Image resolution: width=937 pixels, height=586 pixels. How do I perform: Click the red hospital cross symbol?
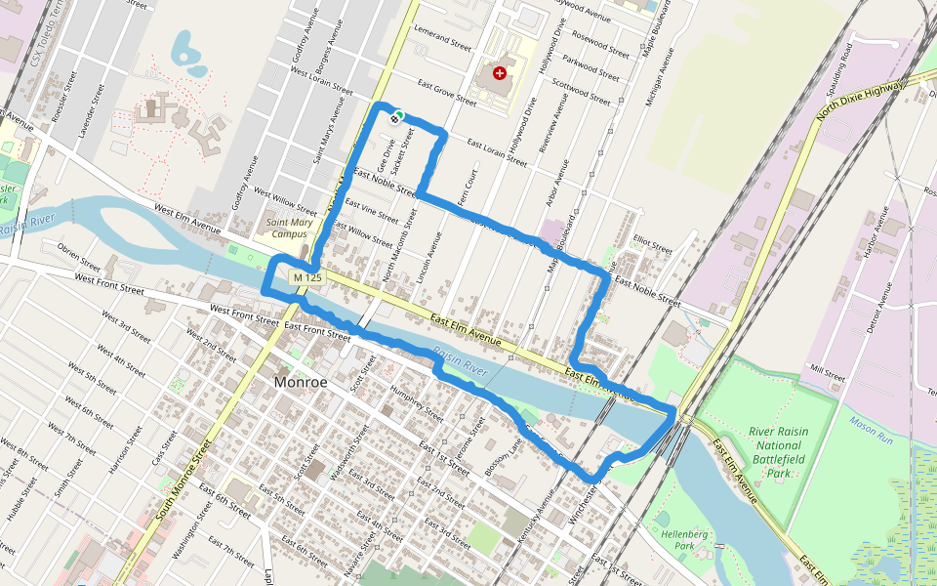[x=501, y=73]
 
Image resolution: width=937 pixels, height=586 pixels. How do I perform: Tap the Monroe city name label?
[x=302, y=382]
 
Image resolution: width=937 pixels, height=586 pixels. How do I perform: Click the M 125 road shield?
[x=306, y=278]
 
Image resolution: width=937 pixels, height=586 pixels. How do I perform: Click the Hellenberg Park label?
[x=684, y=540]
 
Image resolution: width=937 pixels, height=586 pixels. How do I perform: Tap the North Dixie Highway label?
[x=864, y=103]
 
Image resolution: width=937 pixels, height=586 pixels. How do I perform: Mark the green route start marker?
[x=399, y=115]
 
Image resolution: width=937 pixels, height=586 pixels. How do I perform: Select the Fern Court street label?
[x=470, y=184]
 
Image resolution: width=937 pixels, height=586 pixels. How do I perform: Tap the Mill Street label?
[x=827, y=373]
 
